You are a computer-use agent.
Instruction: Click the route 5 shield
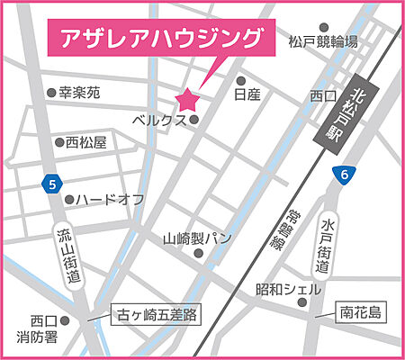(51, 184)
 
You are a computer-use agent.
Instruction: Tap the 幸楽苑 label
(79, 93)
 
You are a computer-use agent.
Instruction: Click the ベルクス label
(159, 120)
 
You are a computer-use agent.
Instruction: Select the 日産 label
(247, 94)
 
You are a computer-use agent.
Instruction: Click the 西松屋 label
(86, 142)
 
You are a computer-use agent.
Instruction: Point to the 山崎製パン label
(197, 240)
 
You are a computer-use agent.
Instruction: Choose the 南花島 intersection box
(361, 312)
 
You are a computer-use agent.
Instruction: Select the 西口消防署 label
(42, 329)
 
